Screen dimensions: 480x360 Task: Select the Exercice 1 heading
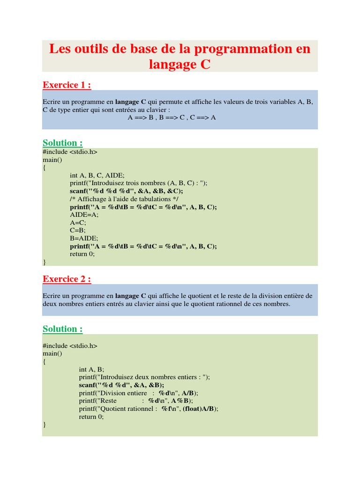click(x=67, y=85)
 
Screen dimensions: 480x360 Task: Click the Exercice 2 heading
click(x=67, y=279)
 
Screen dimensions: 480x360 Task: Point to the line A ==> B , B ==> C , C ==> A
click(x=172, y=117)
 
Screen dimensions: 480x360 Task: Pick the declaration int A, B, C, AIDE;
click(x=97, y=175)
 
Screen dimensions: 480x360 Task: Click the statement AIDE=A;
click(x=84, y=215)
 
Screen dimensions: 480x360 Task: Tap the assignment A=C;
click(x=78, y=223)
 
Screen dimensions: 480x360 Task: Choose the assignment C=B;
click(x=78, y=231)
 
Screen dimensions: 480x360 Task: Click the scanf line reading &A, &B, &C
click(x=126, y=191)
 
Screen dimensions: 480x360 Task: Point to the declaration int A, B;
click(x=91, y=369)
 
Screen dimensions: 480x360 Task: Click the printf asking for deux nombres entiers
click(x=144, y=377)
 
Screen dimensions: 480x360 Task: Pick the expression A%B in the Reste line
click(x=180, y=401)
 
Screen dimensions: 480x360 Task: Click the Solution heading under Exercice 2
click(x=62, y=329)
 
